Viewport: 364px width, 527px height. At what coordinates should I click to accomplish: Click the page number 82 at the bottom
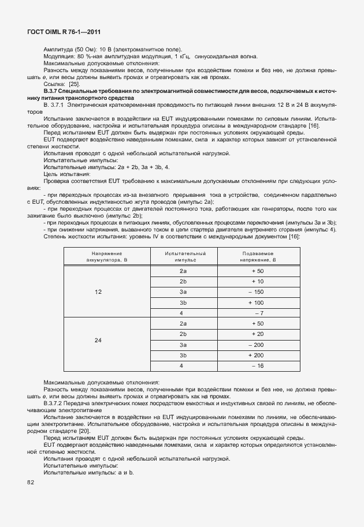[31, 483]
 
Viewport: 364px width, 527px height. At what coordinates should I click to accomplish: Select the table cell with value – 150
[257, 292]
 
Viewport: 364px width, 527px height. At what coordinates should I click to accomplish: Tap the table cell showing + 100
[257, 302]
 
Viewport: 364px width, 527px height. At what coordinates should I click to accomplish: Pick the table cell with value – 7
[258, 313]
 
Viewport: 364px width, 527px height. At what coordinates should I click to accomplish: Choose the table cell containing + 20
[257, 334]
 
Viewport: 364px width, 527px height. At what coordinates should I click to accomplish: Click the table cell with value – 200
[257, 345]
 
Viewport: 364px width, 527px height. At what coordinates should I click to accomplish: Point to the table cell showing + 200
[257, 355]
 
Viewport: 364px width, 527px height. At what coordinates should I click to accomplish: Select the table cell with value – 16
[257, 366]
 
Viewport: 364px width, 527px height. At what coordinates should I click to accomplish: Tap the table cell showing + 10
[257, 281]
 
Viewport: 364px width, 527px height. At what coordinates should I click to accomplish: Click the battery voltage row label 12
[98, 292]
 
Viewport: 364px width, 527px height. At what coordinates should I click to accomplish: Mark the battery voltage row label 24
[98, 340]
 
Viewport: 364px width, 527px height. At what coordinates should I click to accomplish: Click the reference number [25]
[74, 84]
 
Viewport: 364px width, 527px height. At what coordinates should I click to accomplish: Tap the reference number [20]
[85, 431]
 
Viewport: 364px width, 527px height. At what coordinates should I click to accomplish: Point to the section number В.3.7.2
[55, 403]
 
